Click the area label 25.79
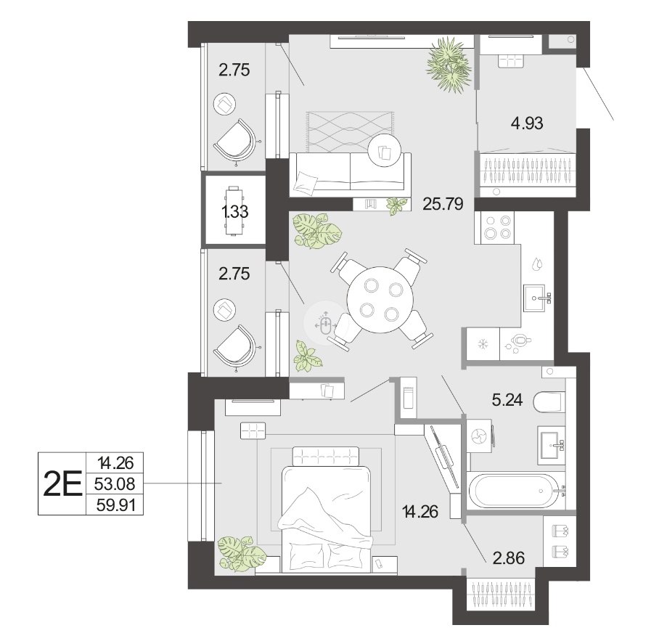[443, 204]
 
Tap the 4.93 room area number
[527, 123]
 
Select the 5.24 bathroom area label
[507, 400]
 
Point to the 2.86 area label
[508, 558]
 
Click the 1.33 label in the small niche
[235, 211]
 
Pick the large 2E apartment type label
[62, 484]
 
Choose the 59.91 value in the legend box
[115, 505]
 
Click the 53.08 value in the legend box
[115, 483]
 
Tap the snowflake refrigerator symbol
[483, 344]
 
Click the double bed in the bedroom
[327, 510]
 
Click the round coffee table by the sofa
[385, 150]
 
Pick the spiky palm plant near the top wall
[449, 65]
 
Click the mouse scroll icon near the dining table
[325, 324]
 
